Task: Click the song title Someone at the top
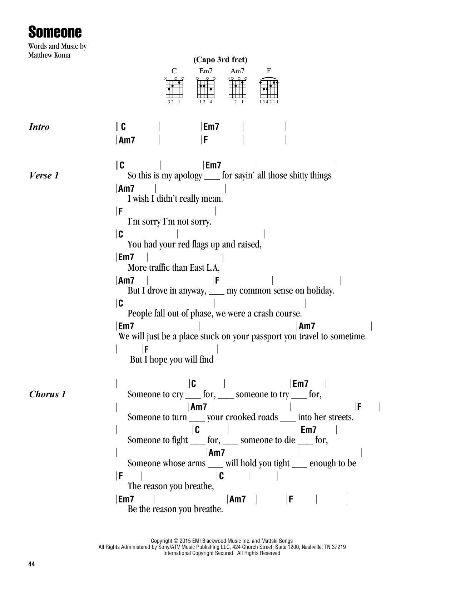55,33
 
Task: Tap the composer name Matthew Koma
49,55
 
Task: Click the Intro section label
39,127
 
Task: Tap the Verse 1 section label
43,176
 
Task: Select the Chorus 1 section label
47,394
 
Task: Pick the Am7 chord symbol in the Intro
127,140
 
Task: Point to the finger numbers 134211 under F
269,102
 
